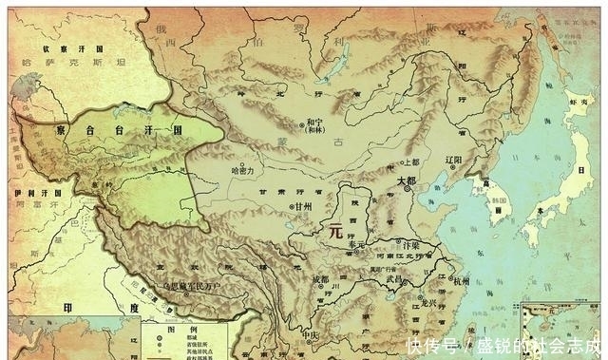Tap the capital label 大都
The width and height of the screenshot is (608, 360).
[406, 180]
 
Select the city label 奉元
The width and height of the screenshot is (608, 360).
[355, 244]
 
